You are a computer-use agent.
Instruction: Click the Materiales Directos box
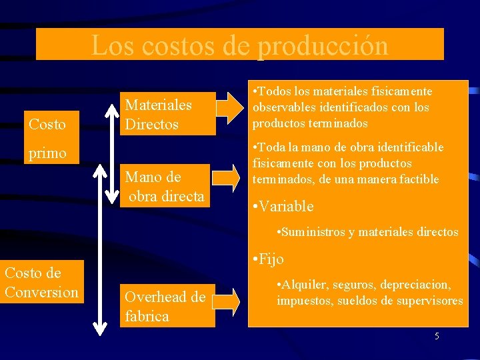click(159, 114)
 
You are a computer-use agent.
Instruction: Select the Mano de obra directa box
click(164, 186)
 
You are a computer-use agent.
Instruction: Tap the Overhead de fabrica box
click(165, 307)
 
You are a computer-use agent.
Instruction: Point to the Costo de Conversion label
click(41, 282)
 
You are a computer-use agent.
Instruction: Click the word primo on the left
click(47, 153)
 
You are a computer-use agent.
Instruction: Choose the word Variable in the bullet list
click(287, 207)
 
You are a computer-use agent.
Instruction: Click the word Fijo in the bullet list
click(271, 259)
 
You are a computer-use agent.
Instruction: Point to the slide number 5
click(437, 336)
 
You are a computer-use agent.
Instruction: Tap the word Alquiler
click(303, 285)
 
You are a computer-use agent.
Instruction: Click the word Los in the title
click(107, 46)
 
